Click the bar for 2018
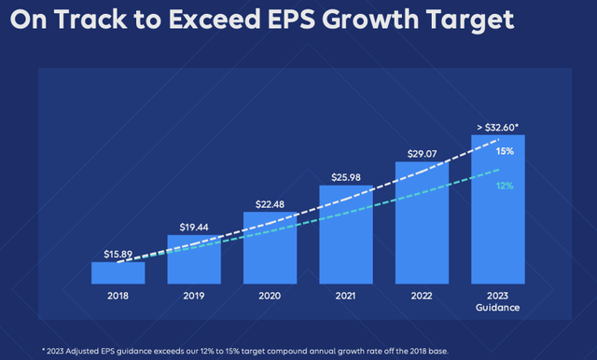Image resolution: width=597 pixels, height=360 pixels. click(118, 272)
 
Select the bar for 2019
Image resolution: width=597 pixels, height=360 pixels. click(194, 258)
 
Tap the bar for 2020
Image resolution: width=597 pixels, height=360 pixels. click(271, 247)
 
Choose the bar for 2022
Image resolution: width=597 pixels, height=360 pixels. click(423, 223)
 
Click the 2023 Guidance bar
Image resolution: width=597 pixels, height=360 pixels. click(498, 209)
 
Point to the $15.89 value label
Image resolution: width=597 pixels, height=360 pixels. click(118, 253)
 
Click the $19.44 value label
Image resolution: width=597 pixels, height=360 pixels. click(194, 226)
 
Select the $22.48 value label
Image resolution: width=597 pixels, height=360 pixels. click(271, 203)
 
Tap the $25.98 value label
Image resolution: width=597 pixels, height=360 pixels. click(346, 176)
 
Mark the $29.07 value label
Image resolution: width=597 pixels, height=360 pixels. click(423, 153)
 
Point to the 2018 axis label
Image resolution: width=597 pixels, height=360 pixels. click(118, 296)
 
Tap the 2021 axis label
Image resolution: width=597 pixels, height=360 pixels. click(346, 296)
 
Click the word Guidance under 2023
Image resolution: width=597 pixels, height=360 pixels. click(498, 308)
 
